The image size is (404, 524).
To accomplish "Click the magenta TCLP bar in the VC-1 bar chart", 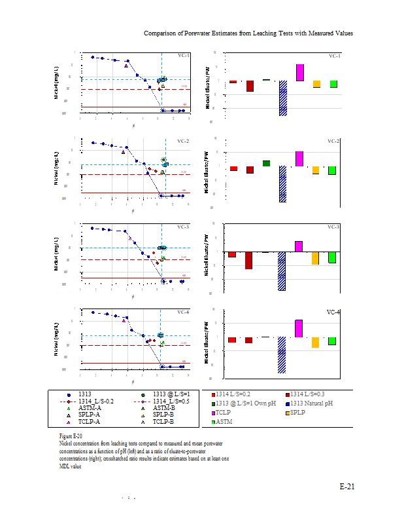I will (300, 73).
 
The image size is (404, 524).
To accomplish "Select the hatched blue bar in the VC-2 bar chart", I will (283, 183).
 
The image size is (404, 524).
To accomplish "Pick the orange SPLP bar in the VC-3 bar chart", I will (316, 258).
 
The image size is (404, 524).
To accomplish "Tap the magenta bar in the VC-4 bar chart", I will (299, 328).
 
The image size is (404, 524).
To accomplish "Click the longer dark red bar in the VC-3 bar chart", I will (248, 260).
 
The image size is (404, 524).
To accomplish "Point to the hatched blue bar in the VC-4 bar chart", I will (282, 355).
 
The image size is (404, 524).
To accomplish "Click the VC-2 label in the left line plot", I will (183, 141).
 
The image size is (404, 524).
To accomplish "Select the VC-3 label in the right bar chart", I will (333, 227).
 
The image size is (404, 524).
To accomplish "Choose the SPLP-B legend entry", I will (162, 415).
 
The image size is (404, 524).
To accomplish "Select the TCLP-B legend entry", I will (162, 422).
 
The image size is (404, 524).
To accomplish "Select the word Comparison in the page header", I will (161, 33).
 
